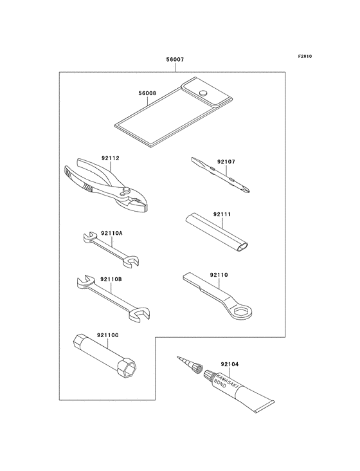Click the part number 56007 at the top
pyautogui.click(x=175, y=59)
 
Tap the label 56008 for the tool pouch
pyautogui.click(x=147, y=93)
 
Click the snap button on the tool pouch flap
pyautogui.click(x=204, y=92)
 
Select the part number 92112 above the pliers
pyautogui.click(x=110, y=158)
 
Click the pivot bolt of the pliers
pyautogui.click(x=126, y=190)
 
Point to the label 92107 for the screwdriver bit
pyautogui.click(x=226, y=162)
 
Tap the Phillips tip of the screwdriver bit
pyautogui.click(x=247, y=190)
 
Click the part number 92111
pyautogui.click(x=222, y=214)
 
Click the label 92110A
pyautogui.click(x=112, y=233)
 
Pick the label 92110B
pyautogui.click(x=111, y=279)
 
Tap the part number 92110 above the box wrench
pyautogui.click(x=219, y=275)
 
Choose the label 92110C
pyautogui.click(x=107, y=335)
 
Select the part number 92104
pyautogui.click(x=230, y=364)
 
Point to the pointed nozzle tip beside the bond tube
pyautogui.click(x=177, y=358)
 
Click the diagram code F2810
pyautogui.click(x=305, y=56)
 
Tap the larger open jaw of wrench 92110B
pyautogui.click(x=139, y=315)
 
